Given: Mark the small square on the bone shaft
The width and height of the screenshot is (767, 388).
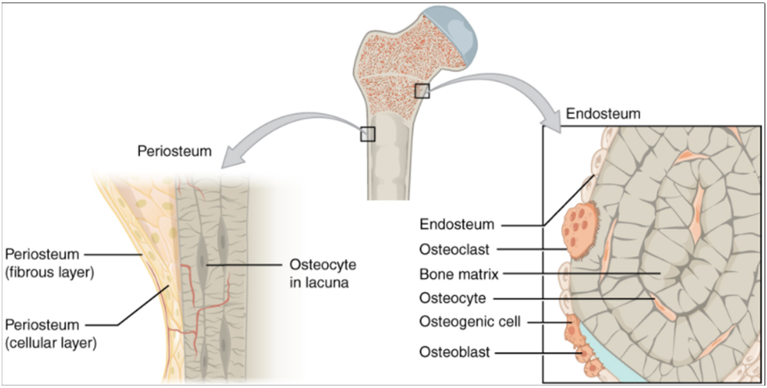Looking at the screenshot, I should tap(367, 134).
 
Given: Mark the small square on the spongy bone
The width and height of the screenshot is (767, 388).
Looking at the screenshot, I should tap(422, 90).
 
